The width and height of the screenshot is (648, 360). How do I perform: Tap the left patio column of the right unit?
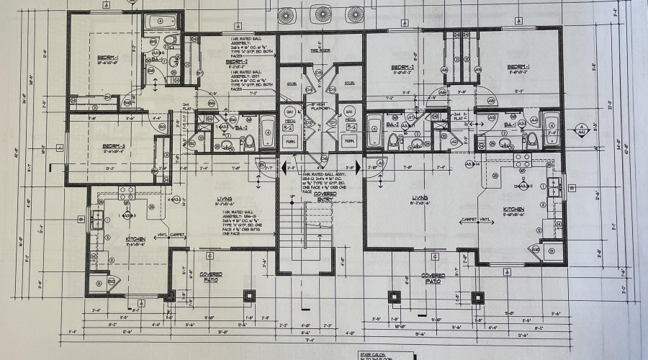tap(395, 295)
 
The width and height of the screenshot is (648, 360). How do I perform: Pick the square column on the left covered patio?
tap(249, 295)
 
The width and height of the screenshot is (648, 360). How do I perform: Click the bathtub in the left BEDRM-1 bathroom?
tap(163, 22)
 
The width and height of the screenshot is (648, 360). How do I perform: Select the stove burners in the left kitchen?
tap(127, 191)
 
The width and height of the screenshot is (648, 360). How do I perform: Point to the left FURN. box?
tap(290, 141)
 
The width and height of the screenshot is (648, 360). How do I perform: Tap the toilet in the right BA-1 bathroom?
tap(531, 138)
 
